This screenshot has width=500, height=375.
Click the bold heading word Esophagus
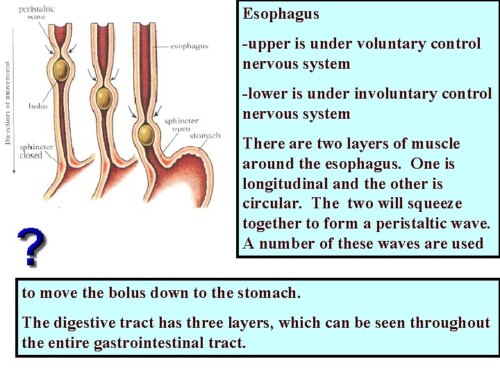(x=281, y=14)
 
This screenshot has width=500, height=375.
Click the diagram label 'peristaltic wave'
(x=36, y=12)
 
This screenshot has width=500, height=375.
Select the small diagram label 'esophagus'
(x=189, y=47)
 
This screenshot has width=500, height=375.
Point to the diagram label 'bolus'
(x=37, y=106)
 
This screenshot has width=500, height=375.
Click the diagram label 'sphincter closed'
(x=36, y=151)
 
